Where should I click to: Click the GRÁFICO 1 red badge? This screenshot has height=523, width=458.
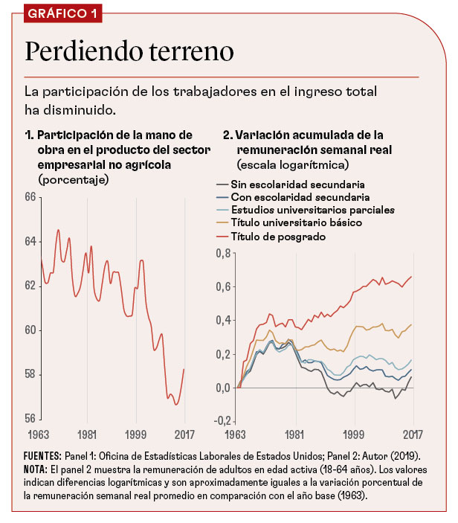(63, 15)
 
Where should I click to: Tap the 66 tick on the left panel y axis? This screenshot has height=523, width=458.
(30, 197)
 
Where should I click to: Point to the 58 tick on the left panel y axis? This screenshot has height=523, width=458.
(30, 374)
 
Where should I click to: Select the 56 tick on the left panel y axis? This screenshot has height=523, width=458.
(30, 418)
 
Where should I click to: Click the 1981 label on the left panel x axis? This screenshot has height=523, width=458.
(86, 434)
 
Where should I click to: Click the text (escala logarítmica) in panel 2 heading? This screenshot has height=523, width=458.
(293, 162)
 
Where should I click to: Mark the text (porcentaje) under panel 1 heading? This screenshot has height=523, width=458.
(73, 179)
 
